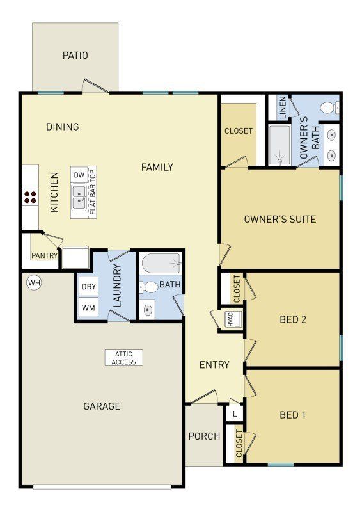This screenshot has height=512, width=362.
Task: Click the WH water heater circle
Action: coord(33,282)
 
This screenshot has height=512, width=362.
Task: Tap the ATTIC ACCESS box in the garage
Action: coord(124,358)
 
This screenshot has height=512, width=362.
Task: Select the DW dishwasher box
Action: coord(79,175)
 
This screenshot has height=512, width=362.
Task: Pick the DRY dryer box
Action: coord(88,286)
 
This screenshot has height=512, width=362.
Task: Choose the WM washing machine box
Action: coord(88,308)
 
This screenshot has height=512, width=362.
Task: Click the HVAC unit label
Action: coord(231,320)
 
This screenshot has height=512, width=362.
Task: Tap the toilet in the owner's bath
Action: coord(329,107)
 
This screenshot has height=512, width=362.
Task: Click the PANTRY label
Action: coord(45,256)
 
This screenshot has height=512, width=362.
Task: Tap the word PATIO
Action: coord(75,56)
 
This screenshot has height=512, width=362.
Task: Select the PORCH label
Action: coord(204,436)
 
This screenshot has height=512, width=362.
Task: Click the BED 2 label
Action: coord(293,319)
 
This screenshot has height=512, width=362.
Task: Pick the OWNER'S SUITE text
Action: coord(280,220)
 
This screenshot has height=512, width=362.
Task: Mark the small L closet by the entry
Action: coord(235,414)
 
